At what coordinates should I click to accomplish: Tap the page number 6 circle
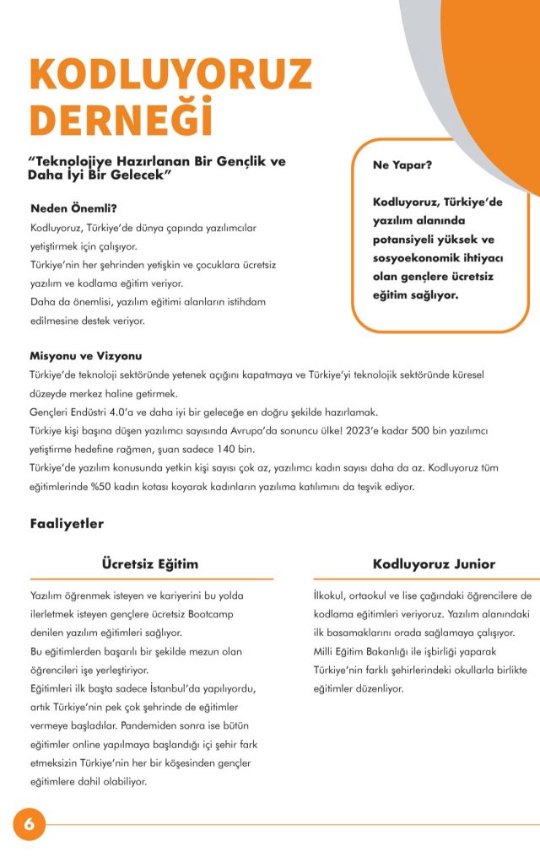pos(29,824)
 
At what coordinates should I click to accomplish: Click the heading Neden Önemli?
pos(73,208)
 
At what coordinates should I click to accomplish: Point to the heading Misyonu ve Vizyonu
pos(85,356)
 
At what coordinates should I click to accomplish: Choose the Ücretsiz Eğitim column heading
pos(149,563)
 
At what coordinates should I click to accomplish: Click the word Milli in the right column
pos(325,651)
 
